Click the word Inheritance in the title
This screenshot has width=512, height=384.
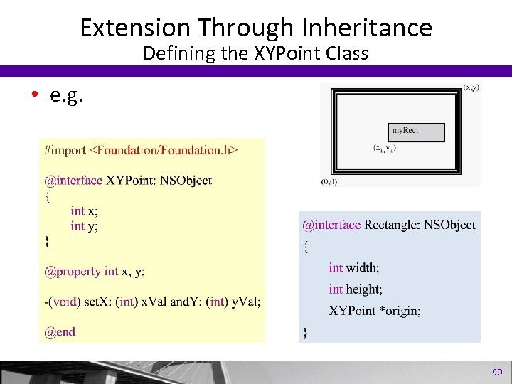pos(367,27)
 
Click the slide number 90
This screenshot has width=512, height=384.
pos(497,372)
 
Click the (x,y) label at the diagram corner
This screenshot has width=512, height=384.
pos(471,87)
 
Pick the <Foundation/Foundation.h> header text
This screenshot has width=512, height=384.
pos(164,150)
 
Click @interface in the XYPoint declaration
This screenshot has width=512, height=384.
pos(73,181)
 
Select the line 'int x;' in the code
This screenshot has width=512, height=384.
pos(84,210)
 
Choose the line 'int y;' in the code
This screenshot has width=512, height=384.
pos(84,225)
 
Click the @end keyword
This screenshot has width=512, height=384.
pos(59,331)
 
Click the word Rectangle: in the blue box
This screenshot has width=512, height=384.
pos(393,225)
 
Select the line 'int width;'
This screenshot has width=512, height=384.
pos(354,267)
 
